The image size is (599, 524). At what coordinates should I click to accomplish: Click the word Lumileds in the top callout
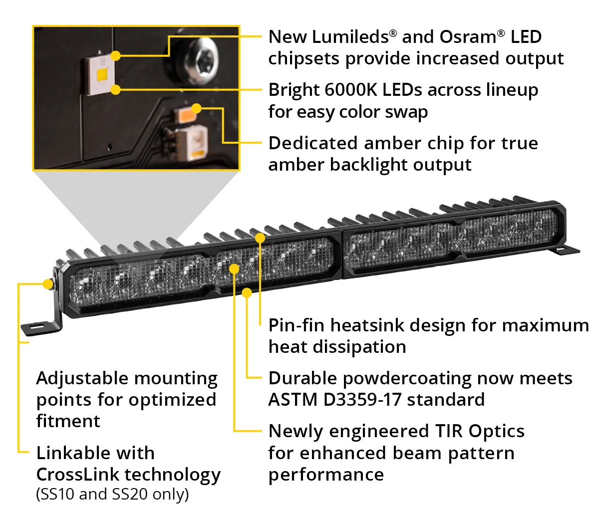click(x=350, y=37)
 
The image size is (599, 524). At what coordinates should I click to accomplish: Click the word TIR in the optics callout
click(x=449, y=431)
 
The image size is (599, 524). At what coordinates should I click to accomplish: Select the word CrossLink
click(x=77, y=475)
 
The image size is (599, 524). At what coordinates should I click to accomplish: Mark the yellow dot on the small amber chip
click(x=197, y=109)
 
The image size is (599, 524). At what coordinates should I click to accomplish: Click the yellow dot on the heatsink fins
click(x=260, y=238)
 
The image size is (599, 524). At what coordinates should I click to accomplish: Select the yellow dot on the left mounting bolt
click(x=48, y=283)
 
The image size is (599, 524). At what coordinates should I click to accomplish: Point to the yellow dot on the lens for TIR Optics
click(x=234, y=268)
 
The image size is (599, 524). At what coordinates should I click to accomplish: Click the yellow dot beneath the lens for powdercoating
click(x=247, y=292)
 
